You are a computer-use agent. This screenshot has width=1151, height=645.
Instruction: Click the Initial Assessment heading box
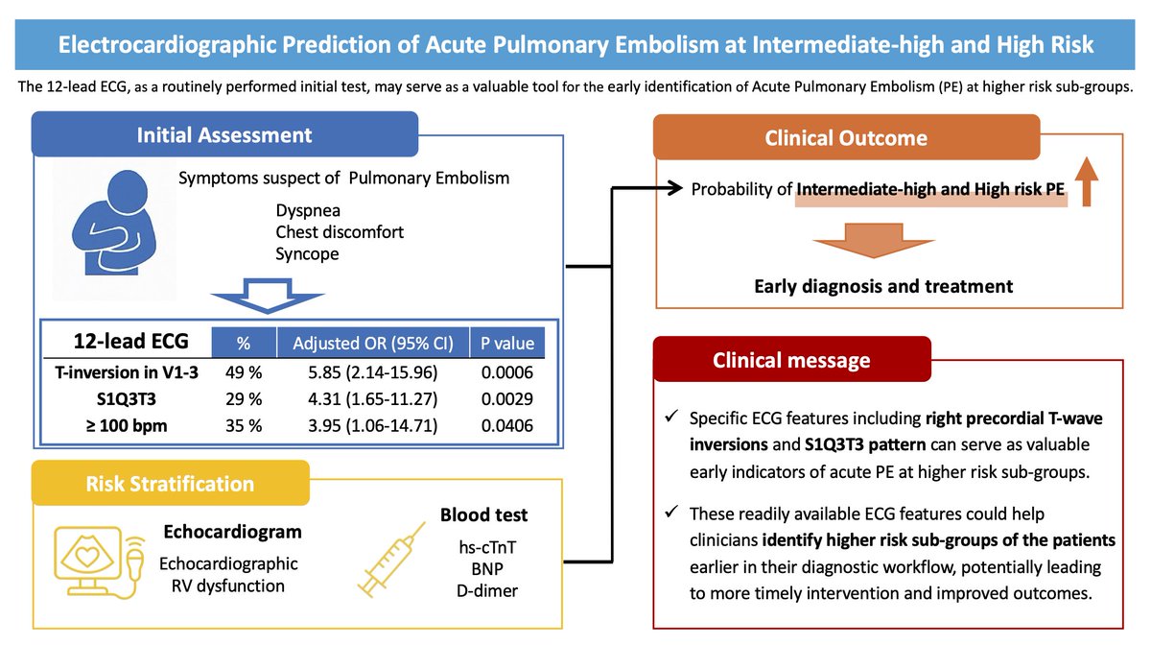pos(225,134)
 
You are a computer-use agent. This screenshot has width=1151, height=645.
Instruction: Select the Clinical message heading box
pos(791,360)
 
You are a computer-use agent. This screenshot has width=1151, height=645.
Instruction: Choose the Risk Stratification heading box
pos(171,484)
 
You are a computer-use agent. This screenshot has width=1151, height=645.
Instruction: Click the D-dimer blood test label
pos(488,590)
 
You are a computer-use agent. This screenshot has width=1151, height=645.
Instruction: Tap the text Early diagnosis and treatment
pos(883,286)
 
